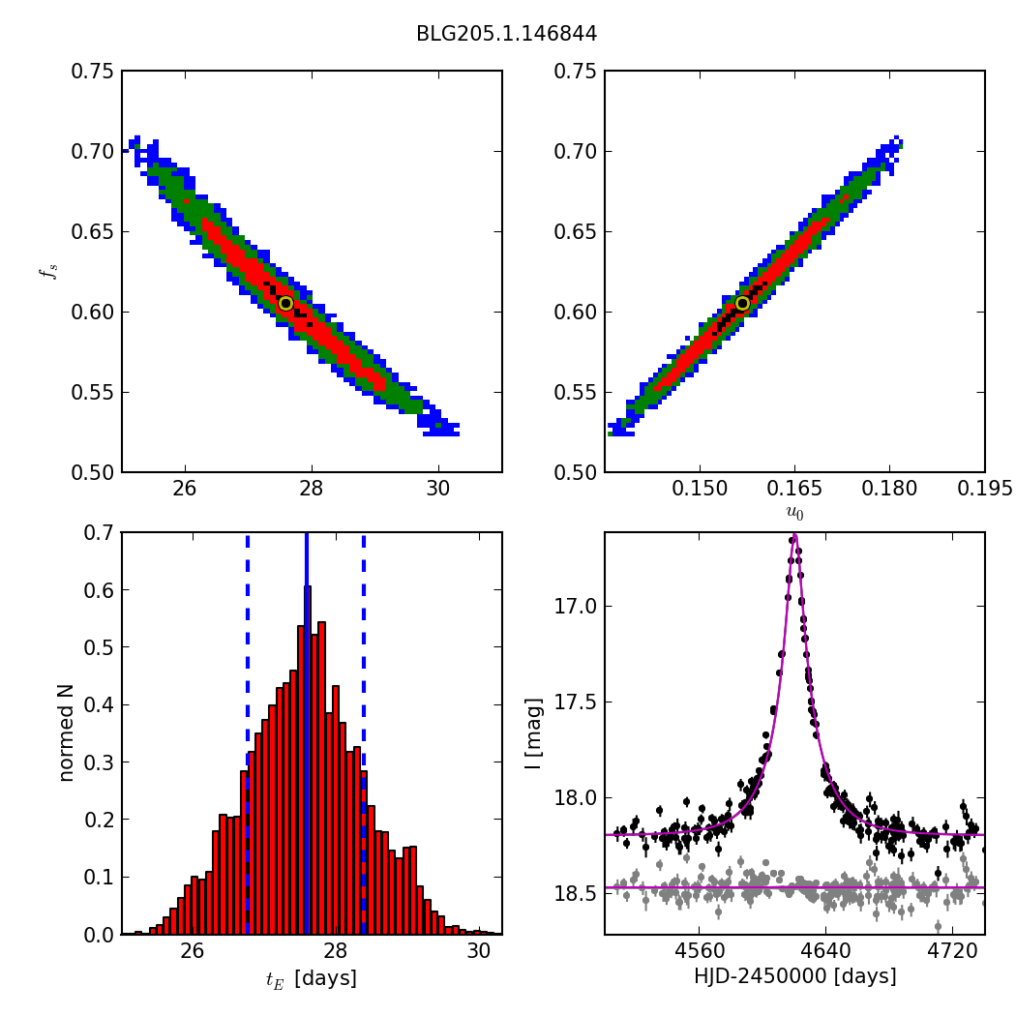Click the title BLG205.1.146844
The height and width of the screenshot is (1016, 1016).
[x=506, y=34]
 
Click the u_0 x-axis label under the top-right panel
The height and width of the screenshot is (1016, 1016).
[x=794, y=513]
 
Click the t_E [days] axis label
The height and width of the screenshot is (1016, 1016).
[x=312, y=978]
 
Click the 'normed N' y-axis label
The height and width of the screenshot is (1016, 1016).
[x=66, y=732]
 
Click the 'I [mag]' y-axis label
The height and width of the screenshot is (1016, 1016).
[x=534, y=733]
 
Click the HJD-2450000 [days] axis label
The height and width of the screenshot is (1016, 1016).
[x=794, y=977]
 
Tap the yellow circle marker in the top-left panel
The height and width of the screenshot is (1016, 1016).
[x=285, y=303]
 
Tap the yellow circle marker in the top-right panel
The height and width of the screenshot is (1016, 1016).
[x=742, y=303]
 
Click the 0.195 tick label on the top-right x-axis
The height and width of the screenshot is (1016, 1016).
[x=984, y=489]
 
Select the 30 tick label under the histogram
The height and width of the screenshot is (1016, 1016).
[x=478, y=951]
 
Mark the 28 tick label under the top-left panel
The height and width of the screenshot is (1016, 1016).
[x=312, y=489]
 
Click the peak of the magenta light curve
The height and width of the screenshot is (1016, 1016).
[x=794, y=535]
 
